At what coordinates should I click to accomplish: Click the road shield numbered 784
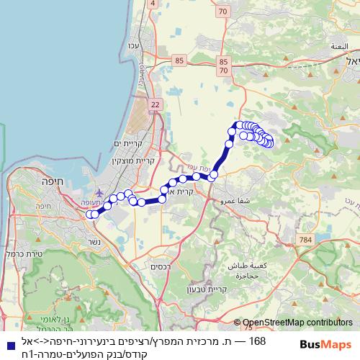coord(307,238)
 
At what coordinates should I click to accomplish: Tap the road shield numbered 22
coord(156,105)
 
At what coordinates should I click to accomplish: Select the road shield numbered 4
coord(152,4)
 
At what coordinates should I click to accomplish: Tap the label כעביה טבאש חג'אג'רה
coord(247,271)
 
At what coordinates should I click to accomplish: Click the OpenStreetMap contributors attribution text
coord(297,323)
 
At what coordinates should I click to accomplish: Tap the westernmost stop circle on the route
coord(90,214)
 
